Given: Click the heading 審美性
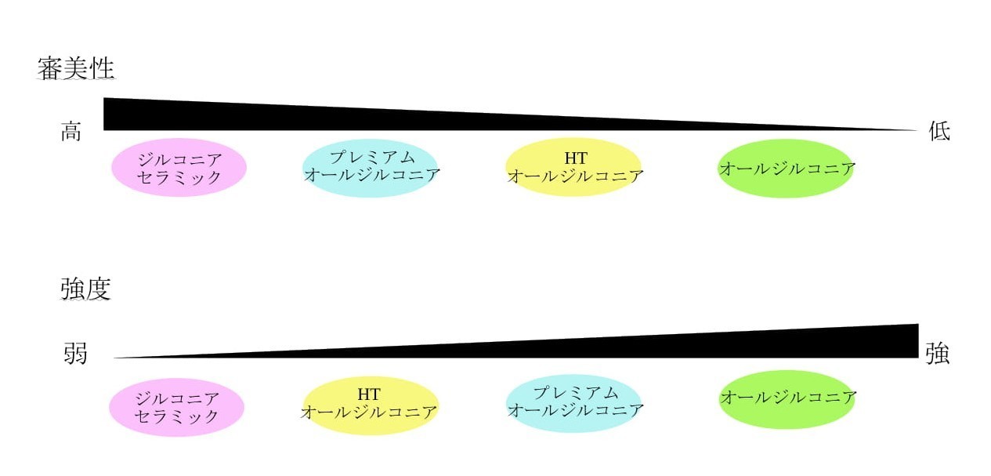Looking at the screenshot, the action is [x=76, y=69].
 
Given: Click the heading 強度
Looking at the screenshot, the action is [x=85, y=289].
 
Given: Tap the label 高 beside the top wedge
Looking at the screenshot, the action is [x=71, y=132].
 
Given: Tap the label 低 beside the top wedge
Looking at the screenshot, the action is [x=939, y=131].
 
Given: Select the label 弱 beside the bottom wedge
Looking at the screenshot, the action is [x=75, y=354].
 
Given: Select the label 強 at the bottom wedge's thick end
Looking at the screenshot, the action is [x=938, y=354].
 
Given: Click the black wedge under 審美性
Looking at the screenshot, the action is [x=309, y=118].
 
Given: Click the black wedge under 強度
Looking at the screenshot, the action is [x=752, y=347].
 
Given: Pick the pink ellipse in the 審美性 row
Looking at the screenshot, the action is [x=179, y=167].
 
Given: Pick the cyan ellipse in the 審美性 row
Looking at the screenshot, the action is [x=371, y=167].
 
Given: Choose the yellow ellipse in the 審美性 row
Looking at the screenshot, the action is [x=573, y=167].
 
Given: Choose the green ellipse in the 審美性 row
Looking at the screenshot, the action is [x=785, y=169].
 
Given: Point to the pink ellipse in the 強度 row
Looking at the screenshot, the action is [x=176, y=407].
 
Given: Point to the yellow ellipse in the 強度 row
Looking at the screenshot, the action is [x=370, y=405].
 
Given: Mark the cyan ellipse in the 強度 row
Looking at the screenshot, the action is [x=573, y=403].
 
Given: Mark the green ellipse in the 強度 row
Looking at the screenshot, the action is [x=787, y=399].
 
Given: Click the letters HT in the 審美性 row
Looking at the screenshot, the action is [x=576, y=158].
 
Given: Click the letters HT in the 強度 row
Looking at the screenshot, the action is [x=368, y=394].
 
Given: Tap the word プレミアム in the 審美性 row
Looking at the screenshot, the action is [x=373, y=157].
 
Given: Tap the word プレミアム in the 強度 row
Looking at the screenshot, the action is [x=576, y=393].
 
